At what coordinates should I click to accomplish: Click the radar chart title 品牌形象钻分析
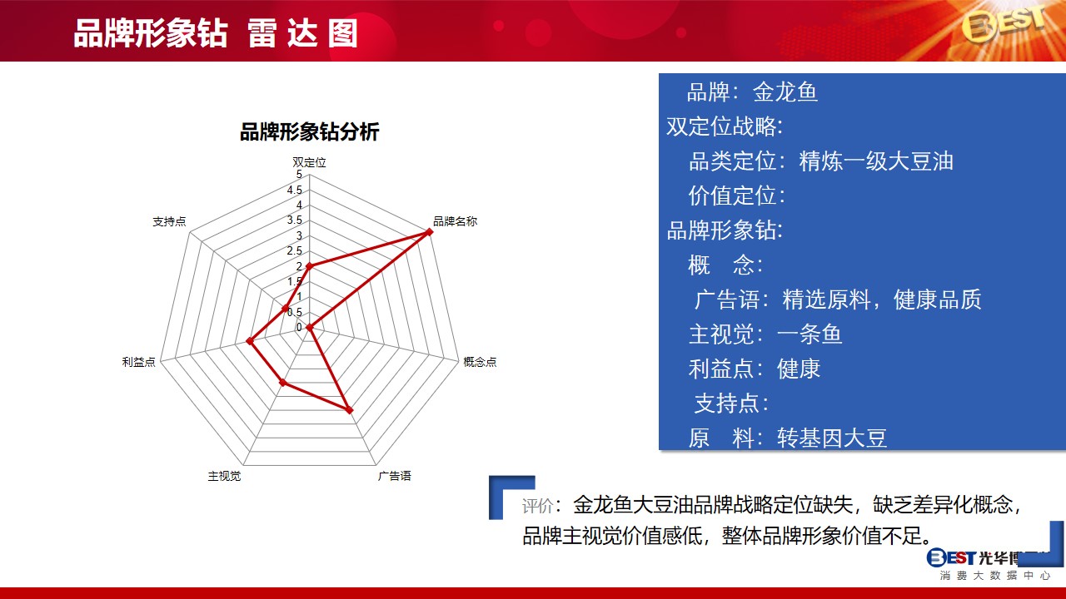[309, 132]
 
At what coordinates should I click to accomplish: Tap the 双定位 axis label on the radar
[309, 162]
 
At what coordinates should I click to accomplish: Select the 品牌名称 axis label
[455, 221]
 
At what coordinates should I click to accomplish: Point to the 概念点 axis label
[480, 362]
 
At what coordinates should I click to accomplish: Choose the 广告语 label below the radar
[394, 476]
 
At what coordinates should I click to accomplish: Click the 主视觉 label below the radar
[224, 476]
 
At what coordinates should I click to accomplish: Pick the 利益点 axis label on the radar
[138, 362]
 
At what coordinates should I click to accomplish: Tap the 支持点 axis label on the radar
[169, 221]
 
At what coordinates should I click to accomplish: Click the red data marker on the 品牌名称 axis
[429, 232]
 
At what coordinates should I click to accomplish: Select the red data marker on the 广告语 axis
[349, 410]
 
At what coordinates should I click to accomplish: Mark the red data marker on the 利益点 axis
[249, 341]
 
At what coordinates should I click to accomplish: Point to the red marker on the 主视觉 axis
[282, 382]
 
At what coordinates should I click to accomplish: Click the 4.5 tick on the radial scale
[295, 191]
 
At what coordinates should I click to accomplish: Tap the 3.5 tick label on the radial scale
[295, 220]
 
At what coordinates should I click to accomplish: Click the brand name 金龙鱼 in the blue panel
[785, 92]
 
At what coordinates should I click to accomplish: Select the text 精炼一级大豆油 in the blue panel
[876, 161]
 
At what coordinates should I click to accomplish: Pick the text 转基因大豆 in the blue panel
[832, 438]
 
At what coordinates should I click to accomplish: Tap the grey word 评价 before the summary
[538, 506]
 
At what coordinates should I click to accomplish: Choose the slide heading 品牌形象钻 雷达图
[216, 34]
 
